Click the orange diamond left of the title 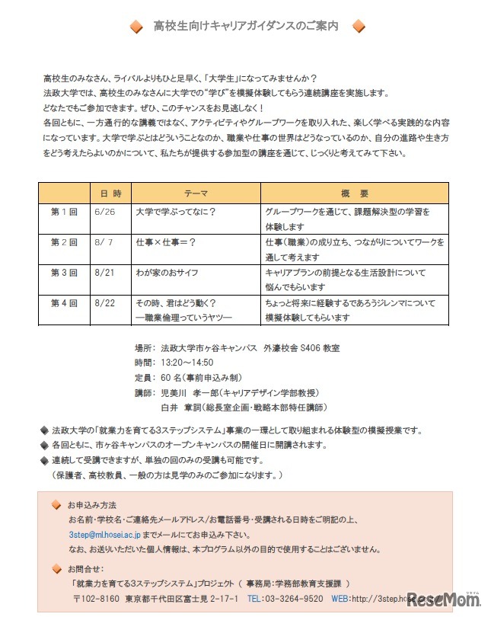[136, 27]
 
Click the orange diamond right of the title [359, 27]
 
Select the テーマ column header [196, 193]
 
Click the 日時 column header [111, 193]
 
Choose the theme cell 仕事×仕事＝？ [165, 241]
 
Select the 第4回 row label [64, 302]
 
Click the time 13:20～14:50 [187, 363]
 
